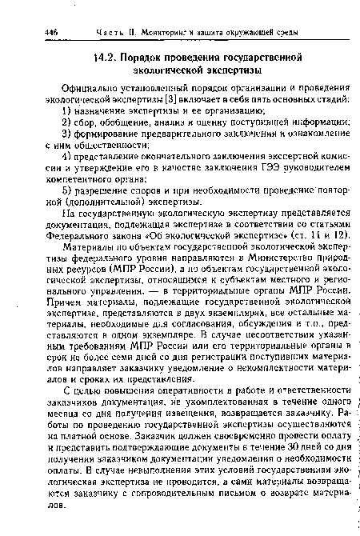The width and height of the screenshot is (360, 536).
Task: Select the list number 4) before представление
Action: coord(68,157)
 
